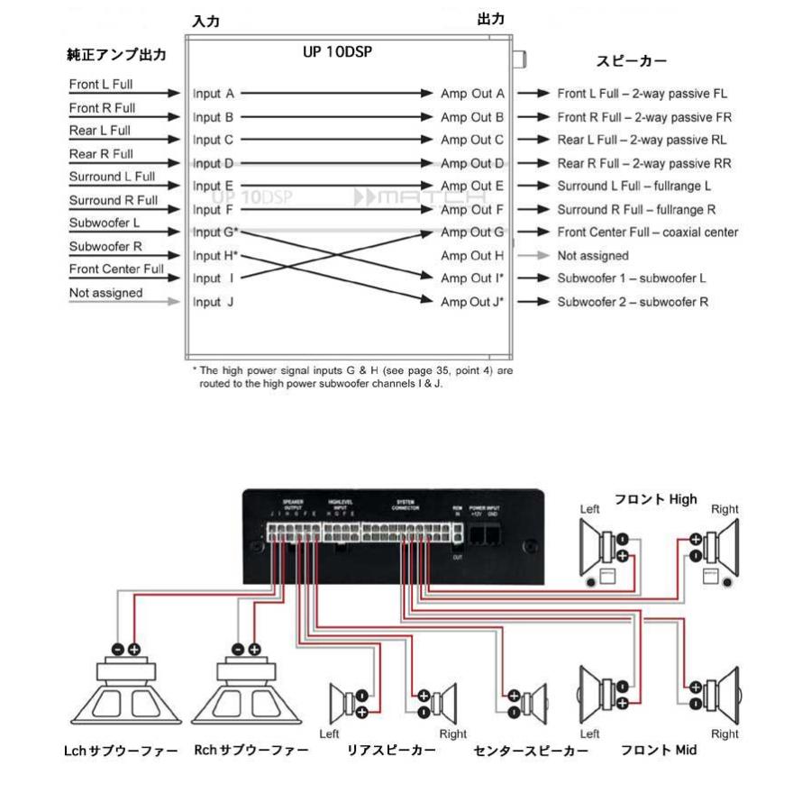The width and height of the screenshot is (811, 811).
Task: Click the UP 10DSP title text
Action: pos(338,52)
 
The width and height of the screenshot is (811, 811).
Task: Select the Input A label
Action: pos(214,93)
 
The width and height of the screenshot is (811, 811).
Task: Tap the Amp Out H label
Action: pos(471,256)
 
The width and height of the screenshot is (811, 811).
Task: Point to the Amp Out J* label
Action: pos(472,302)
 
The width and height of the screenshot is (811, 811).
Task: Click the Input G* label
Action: pos(215,232)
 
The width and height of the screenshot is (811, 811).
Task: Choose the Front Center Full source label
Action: pos(117,269)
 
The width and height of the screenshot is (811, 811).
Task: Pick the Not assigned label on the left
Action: pos(106,293)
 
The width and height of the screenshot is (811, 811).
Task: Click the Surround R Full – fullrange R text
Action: pos(636,209)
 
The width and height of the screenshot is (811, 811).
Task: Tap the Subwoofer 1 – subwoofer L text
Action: pos(632,278)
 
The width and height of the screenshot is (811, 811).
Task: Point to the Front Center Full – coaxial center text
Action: pos(648,232)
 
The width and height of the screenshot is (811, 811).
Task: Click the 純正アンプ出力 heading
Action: pos(118,55)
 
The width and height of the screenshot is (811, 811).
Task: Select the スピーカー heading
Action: pos(632,62)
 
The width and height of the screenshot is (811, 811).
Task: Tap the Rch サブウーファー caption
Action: pos(251,750)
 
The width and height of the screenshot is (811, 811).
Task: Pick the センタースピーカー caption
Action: pos(531,751)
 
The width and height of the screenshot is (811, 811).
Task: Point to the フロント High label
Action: pos(656,499)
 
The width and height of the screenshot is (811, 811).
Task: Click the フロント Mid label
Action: pos(659,750)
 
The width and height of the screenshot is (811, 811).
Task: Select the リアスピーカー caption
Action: pos(392,750)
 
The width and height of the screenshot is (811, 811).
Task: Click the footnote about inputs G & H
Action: pos(352,377)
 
